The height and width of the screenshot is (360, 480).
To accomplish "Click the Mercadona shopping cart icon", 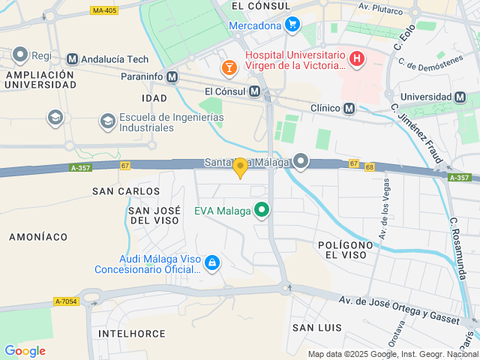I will (292, 25).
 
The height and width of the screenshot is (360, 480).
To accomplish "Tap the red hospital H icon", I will (357, 58).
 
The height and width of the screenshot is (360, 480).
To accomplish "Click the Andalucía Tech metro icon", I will (73, 58).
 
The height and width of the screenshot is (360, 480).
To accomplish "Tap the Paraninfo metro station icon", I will (173, 76).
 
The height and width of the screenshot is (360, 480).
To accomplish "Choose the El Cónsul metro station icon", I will (254, 91).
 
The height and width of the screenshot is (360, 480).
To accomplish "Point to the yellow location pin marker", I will (240, 168).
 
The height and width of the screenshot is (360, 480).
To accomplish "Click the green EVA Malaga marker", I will (262, 211).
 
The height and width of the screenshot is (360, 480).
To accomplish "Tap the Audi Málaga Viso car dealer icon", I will (212, 262).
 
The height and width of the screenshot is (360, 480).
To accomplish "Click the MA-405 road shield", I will (104, 10).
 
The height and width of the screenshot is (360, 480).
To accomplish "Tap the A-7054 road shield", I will (66, 301).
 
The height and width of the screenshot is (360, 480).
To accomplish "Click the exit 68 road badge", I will (370, 167).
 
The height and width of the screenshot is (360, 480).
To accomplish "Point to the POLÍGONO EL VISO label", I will (345, 250).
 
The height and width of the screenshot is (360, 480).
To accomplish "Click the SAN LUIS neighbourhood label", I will (317, 328).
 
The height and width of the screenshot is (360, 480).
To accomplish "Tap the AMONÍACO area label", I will (38, 236).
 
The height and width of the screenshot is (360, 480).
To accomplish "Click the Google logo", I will (25, 350).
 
